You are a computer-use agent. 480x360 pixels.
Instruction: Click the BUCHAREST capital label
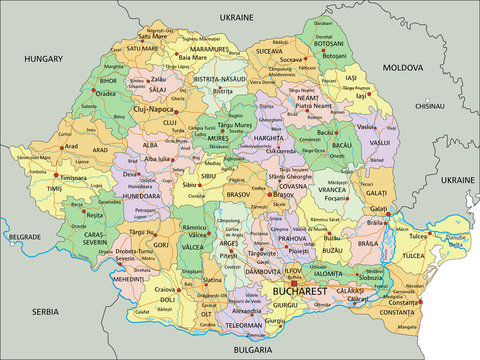[x=300, y=291]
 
